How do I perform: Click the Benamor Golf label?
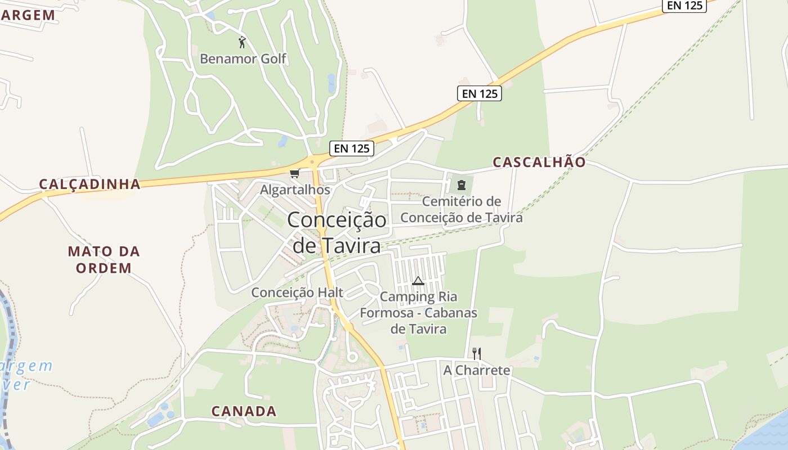243,58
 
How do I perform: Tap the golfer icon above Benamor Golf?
242,42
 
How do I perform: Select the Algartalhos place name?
294,190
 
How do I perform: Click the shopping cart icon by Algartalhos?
294,173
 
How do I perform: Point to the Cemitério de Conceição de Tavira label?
462,209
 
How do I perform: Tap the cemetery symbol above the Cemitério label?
462,184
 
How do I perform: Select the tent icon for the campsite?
418,281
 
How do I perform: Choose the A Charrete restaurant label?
477,370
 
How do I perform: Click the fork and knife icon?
476,353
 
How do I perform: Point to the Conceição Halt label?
297,292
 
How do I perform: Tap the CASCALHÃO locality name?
539,162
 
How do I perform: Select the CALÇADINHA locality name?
89,184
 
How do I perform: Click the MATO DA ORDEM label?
104,259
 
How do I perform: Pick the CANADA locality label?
244,411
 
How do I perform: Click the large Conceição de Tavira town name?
337,232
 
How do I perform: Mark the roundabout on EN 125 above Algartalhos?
312,162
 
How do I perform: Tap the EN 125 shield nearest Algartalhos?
352,148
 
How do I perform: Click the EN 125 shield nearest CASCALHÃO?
480,94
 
